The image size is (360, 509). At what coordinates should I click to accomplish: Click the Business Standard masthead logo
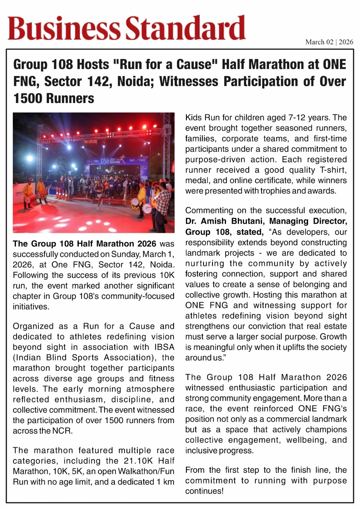[127, 28]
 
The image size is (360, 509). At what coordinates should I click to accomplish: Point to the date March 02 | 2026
[329, 42]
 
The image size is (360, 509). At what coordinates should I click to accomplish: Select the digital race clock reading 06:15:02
[90, 141]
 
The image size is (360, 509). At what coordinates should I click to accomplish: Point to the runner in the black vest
[99, 191]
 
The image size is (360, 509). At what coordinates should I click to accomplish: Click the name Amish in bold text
[214, 221]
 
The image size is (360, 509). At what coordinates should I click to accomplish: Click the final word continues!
[204, 491]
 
